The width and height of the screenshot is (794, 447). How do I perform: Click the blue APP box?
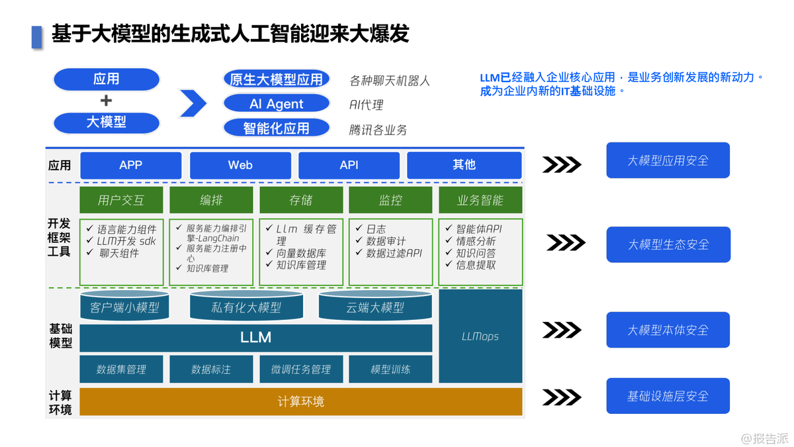(130, 165)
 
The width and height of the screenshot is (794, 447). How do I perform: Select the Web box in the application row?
(240, 165)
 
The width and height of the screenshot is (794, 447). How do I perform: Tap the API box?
(349, 165)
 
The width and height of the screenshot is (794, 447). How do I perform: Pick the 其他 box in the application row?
(464, 165)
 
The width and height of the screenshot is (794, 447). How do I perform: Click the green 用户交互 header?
(120, 200)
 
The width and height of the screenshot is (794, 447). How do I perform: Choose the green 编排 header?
(211, 200)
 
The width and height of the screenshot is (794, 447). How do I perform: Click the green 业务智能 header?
(480, 200)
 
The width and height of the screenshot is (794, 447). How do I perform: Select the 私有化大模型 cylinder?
(246, 307)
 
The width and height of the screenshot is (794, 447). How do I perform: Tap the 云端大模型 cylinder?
(375, 307)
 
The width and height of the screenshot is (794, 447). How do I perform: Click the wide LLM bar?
(255, 337)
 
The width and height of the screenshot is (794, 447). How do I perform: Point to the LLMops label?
(480, 336)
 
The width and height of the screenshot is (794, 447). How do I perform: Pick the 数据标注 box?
(211, 369)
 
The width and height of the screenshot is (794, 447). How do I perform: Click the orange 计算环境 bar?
(300, 401)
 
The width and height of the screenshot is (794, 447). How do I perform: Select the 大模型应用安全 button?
(668, 160)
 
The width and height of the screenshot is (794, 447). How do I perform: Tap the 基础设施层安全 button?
(668, 396)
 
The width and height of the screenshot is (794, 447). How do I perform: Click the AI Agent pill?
(276, 104)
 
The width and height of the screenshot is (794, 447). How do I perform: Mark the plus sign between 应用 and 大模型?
(106, 101)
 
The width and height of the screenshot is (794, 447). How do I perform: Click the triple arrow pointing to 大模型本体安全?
(562, 330)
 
